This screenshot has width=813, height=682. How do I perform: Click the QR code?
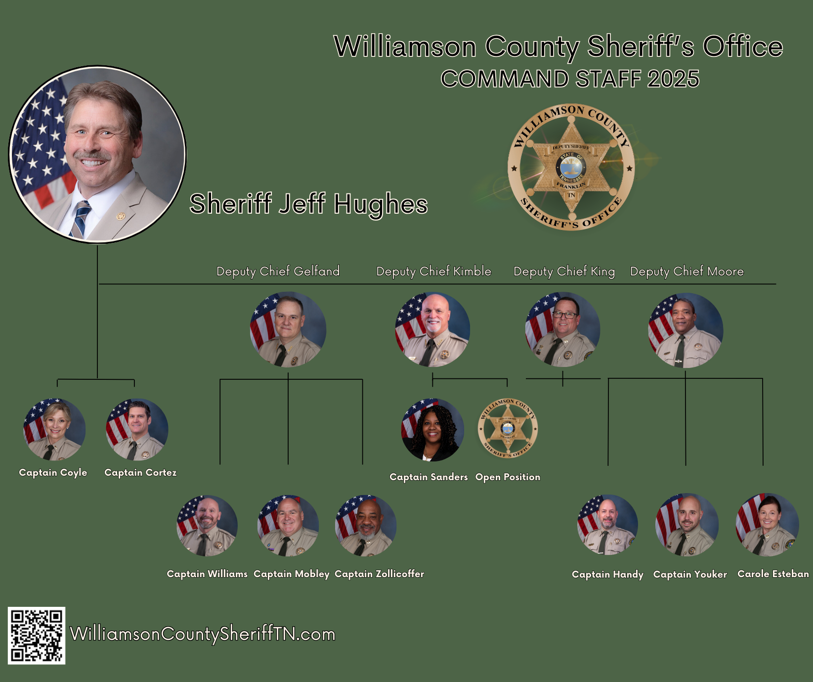37,636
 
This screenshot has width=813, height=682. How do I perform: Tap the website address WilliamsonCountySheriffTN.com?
203,634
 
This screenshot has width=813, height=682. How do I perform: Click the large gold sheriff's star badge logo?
571,167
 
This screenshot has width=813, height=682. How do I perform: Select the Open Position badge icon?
508,428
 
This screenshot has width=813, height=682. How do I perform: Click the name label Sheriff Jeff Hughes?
308,204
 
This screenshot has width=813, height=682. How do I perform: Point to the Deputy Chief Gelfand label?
278,272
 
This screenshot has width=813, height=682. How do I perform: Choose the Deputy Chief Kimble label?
433,272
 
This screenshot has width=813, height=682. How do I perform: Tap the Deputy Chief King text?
564,272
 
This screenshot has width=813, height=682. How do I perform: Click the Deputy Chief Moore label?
686,272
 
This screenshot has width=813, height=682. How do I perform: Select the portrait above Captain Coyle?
54,429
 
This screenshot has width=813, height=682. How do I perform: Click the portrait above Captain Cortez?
137,429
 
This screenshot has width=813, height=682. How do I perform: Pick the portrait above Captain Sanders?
432,430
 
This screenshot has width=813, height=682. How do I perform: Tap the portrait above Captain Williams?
207,526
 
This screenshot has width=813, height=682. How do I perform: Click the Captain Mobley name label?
291,574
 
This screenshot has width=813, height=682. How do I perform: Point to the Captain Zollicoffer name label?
379,574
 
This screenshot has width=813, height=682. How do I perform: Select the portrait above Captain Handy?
607,525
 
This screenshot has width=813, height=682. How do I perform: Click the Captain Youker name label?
690,575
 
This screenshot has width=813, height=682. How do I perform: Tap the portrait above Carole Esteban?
767,525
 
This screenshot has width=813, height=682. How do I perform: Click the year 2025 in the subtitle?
673,79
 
